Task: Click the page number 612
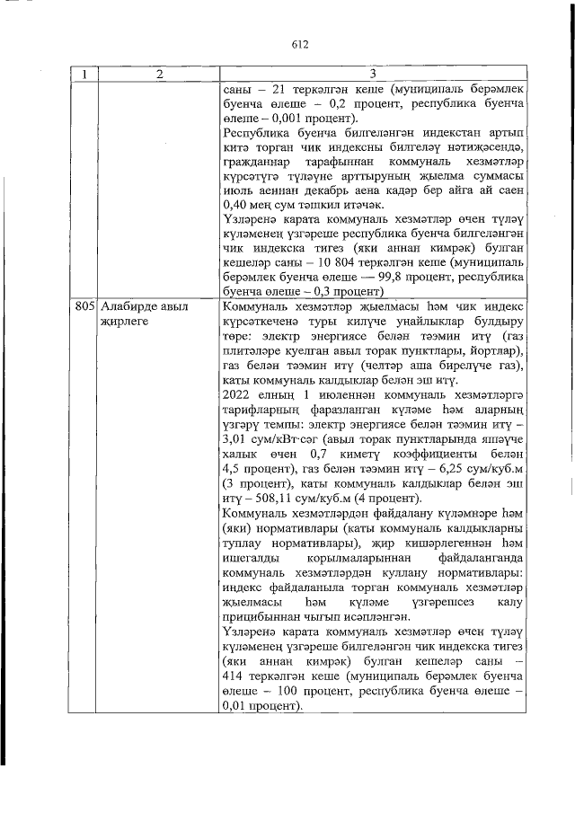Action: point(299,44)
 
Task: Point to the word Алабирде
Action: point(128,306)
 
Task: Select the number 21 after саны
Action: point(266,88)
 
